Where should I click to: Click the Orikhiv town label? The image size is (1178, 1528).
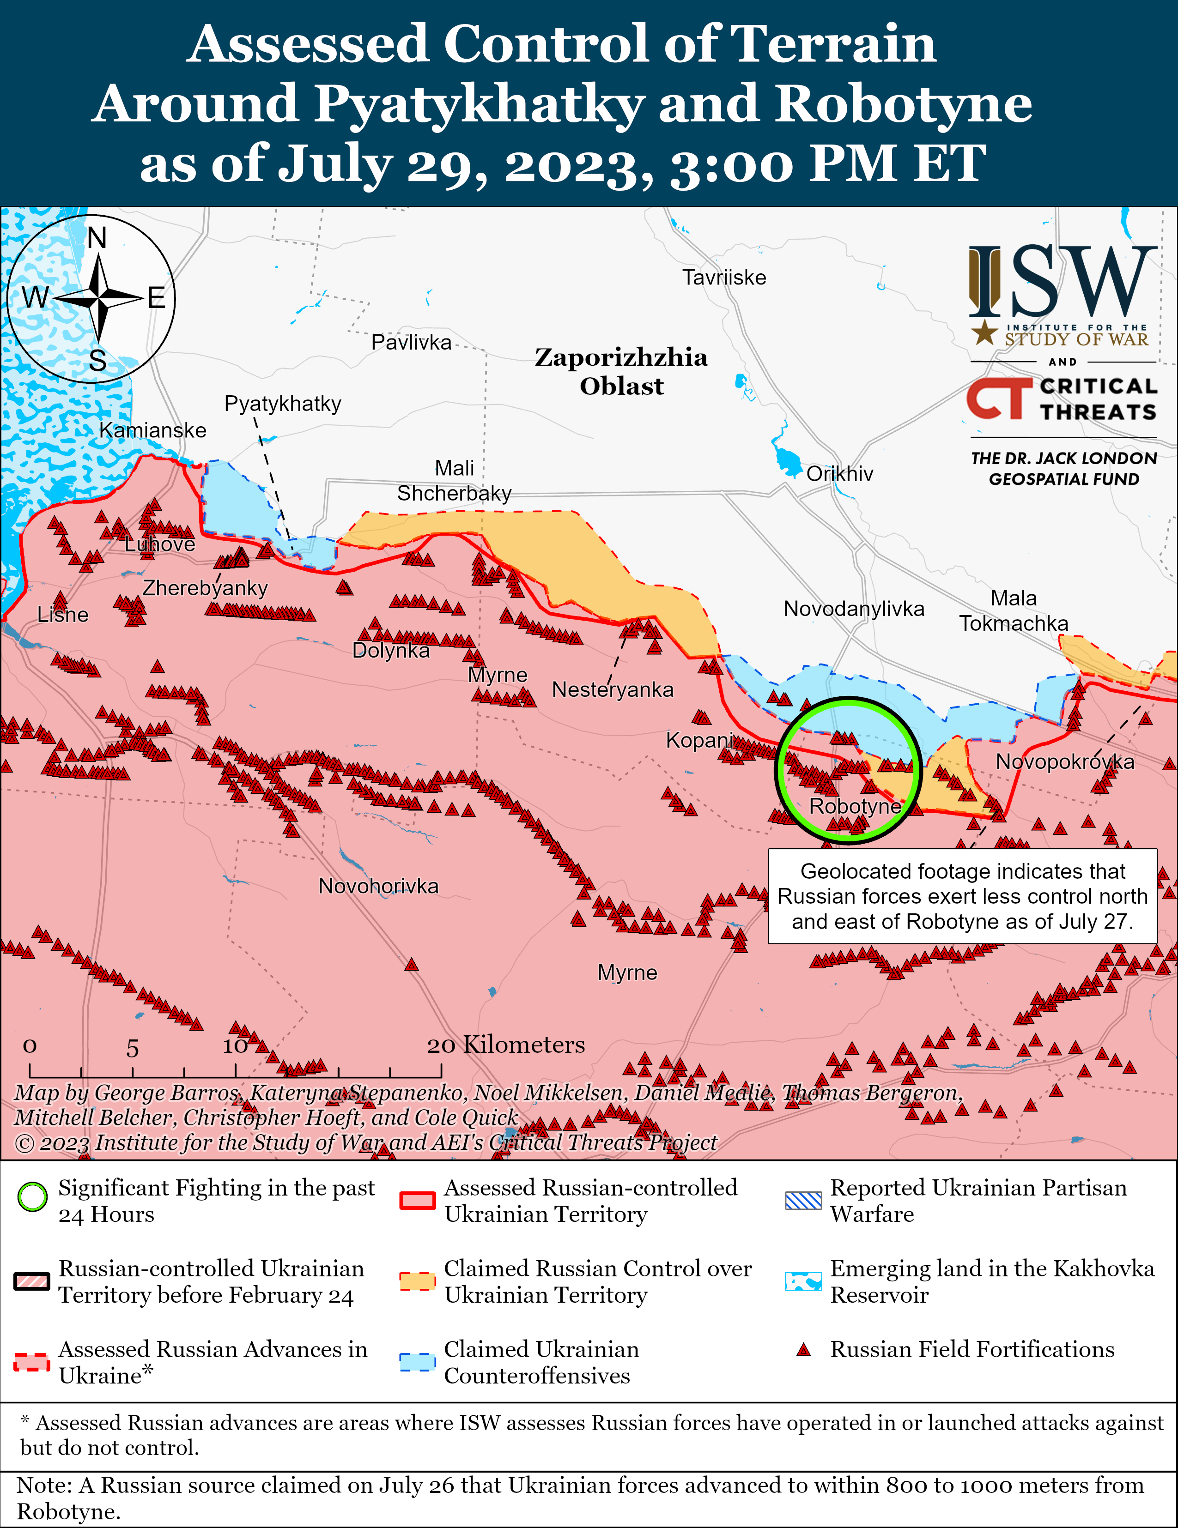click(x=839, y=474)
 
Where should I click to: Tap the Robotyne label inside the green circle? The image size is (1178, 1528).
click(x=855, y=806)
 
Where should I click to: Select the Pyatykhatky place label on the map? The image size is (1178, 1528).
click(x=283, y=404)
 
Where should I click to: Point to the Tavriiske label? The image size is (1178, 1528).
click(x=724, y=278)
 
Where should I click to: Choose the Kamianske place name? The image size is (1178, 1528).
click(x=152, y=430)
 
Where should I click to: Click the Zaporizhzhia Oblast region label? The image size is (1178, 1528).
click(x=621, y=372)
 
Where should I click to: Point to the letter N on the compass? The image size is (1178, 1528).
click(x=97, y=239)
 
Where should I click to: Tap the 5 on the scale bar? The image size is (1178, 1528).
click(x=132, y=1049)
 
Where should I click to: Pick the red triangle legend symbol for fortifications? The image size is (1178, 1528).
click(x=803, y=1350)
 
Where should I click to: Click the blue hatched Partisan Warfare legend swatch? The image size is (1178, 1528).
click(x=803, y=1201)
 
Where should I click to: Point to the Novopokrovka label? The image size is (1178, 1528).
click(x=1065, y=762)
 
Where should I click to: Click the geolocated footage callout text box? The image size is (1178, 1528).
click(x=962, y=896)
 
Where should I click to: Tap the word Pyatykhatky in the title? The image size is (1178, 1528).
click(x=479, y=103)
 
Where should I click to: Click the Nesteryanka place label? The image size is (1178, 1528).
click(x=613, y=690)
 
